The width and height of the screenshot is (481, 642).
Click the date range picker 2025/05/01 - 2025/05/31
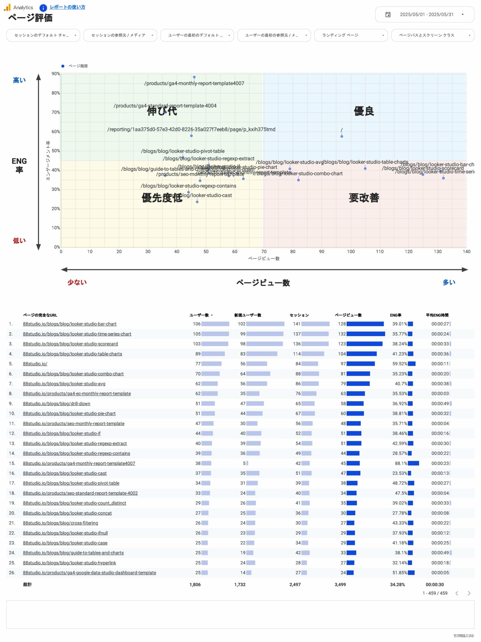click(425, 15)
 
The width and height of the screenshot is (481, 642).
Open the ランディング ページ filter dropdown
click(351, 35)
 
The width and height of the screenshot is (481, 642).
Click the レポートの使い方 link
click(67, 7)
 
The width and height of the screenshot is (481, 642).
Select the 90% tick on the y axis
click(56, 74)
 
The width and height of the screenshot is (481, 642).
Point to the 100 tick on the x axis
click(351, 252)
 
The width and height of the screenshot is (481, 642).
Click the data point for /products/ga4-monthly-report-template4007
click(194, 77)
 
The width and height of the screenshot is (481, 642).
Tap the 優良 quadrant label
click(364, 111)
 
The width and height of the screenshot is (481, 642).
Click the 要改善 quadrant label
click(364, 198)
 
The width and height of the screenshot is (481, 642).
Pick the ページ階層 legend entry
click(78, 66)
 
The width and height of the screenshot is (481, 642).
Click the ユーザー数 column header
click(199, 315)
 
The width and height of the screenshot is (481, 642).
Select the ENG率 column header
click(396, 315)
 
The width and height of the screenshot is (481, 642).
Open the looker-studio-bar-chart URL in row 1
click(70, 324)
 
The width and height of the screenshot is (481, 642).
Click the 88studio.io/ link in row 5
click(35, 364)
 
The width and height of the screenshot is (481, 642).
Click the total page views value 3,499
click(340, 585)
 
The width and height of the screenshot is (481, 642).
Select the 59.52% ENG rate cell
click(400, 364)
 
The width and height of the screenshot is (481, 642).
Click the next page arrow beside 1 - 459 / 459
click(469, 593)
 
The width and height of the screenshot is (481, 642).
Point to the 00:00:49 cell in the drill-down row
click(440, 404)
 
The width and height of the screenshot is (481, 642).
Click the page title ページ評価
click(30, 18)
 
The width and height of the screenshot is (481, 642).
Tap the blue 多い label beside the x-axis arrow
click(449, 282)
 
